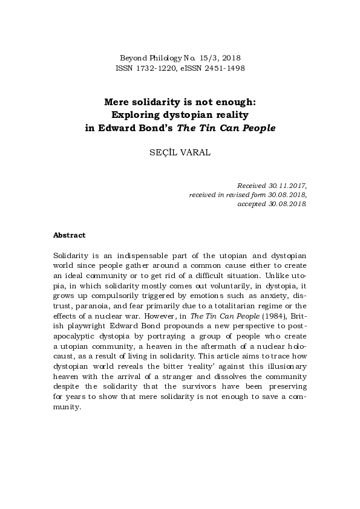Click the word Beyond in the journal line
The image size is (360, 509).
[133, 57]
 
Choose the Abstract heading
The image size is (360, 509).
[70, 235]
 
